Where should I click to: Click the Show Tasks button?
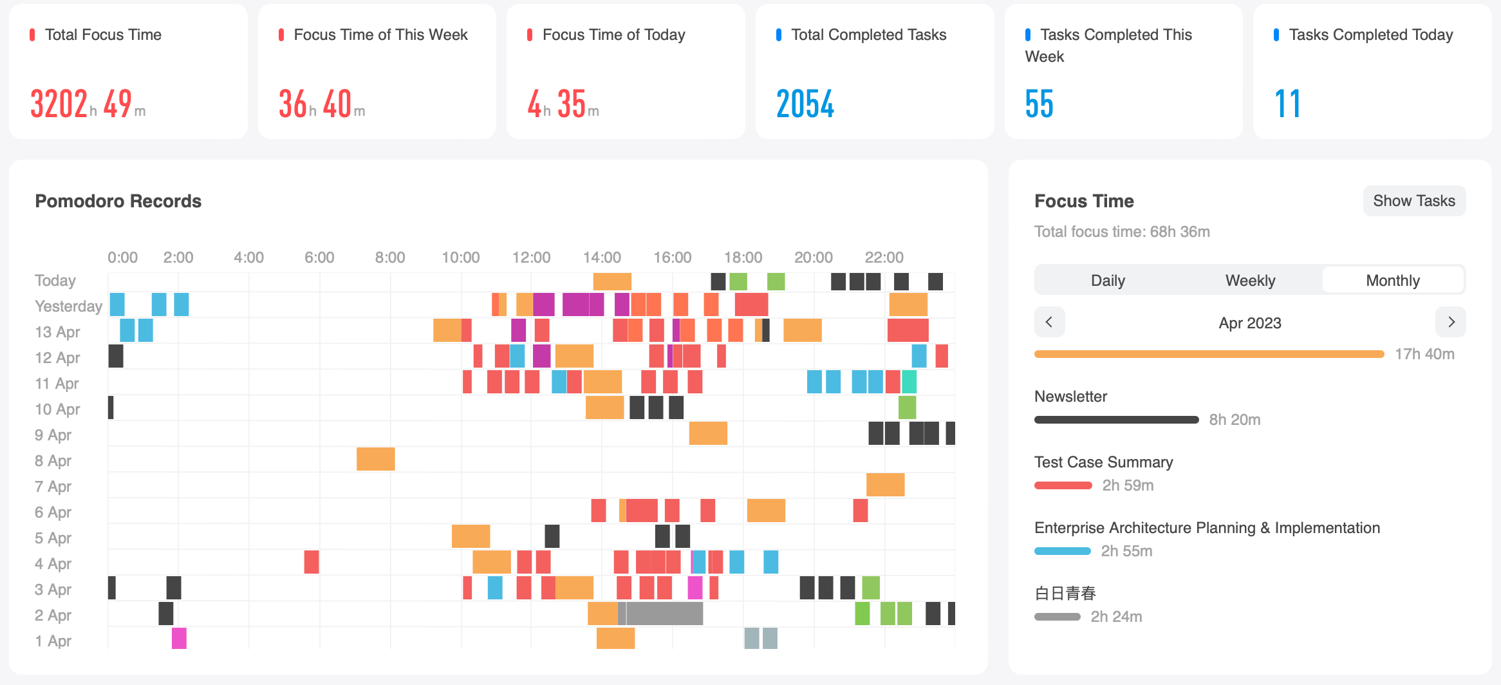1413,201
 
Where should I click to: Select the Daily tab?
1107,281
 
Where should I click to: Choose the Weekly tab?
1250,281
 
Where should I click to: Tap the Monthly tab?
1392,281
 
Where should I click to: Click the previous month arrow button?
1049,322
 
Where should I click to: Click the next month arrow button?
1451,322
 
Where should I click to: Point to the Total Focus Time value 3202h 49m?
88,104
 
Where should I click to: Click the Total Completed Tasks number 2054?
805,104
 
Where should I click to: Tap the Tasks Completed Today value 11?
1287,104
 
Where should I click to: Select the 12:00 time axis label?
531,258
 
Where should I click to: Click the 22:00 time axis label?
884,258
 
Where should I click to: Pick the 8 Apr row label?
53,461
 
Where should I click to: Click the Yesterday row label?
68,306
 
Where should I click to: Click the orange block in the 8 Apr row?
375,459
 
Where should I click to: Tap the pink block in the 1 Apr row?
179,638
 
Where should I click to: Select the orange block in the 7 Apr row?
885,485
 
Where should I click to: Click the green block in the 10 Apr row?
907,408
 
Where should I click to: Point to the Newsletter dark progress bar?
1116,420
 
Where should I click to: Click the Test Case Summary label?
1103,462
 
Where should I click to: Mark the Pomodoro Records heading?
118,201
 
